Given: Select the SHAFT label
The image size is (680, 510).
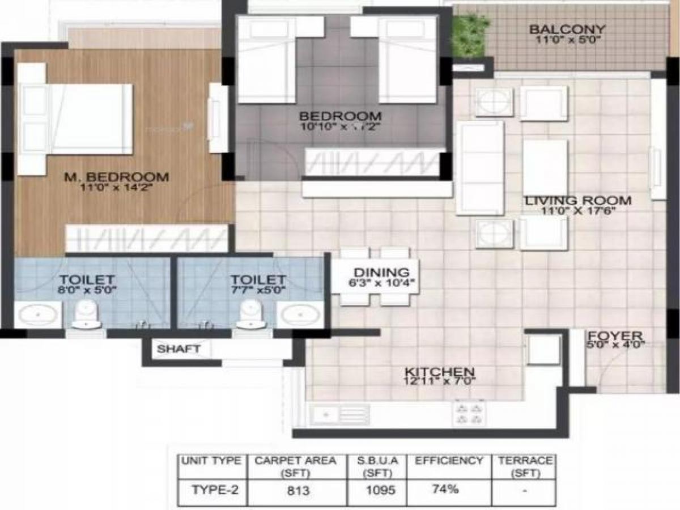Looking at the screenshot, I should coord(178,349).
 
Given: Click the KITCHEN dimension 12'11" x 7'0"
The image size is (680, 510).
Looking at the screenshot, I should coord(439,381).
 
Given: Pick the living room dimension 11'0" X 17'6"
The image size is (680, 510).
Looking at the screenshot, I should coord(577,210).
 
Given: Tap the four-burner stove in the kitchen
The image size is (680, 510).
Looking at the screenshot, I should coord(469,414).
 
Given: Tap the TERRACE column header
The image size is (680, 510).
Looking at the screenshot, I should coord(525,466).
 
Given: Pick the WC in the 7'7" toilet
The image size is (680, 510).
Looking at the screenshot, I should coord(250,315).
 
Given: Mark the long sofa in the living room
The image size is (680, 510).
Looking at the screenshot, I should coord(480,168).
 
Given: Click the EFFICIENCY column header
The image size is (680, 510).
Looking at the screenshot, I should coord(449,461).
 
